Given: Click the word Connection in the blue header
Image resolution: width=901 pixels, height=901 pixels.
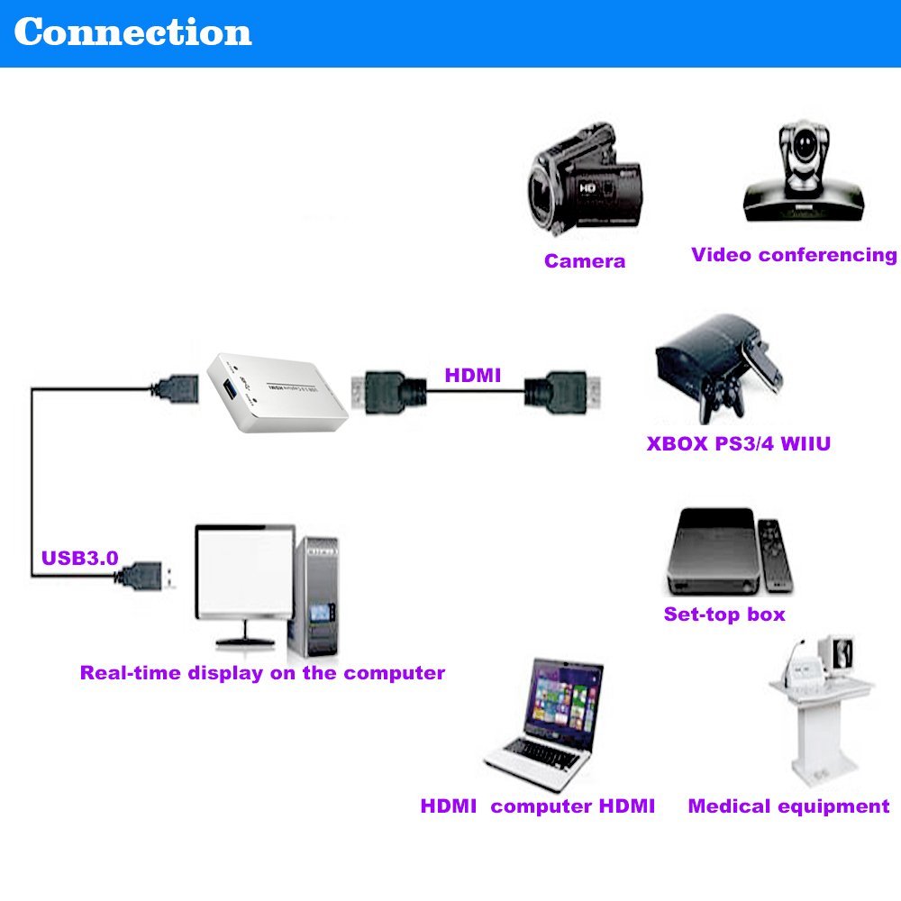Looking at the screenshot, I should (x=132, y=32).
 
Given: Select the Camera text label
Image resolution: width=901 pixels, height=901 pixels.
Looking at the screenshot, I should (x=584, y=261).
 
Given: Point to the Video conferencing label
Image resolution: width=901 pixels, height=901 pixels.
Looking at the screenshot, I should (x=794, y=255).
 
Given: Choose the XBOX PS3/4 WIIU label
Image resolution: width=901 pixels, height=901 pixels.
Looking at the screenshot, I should (x=738, y=443).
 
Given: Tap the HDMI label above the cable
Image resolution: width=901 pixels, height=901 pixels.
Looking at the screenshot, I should (x=472, y=375).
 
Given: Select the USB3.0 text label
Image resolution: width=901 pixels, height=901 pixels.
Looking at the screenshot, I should (x=79, y=558).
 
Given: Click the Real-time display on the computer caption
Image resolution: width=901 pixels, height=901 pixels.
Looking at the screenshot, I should (x=262, y=673).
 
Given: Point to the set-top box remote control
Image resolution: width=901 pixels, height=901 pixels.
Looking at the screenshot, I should (x=774, y=554).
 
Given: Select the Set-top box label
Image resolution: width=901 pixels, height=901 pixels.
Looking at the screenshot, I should (x=724, y=614).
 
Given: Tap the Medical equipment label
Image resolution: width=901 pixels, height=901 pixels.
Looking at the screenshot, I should (x=788, y=806).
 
